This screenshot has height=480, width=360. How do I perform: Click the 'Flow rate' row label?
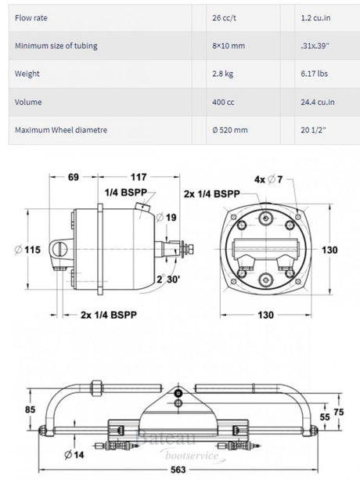tap(31, 18)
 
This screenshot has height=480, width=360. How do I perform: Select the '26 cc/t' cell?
tap(224, 18)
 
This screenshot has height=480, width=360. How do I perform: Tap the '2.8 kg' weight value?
tap(223, 74)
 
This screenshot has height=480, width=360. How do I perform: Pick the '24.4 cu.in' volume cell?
tap(318, 102)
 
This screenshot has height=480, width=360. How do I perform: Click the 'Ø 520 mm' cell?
tap(230, 130)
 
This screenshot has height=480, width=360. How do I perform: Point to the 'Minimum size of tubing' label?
tap(56, 46)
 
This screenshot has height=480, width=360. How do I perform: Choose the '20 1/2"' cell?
tap(313, 130)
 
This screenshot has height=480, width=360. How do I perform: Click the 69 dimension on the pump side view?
tap(73, 177)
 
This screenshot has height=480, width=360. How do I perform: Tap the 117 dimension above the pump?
tap(139, 177)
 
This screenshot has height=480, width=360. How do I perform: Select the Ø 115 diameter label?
tap(27, 250)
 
